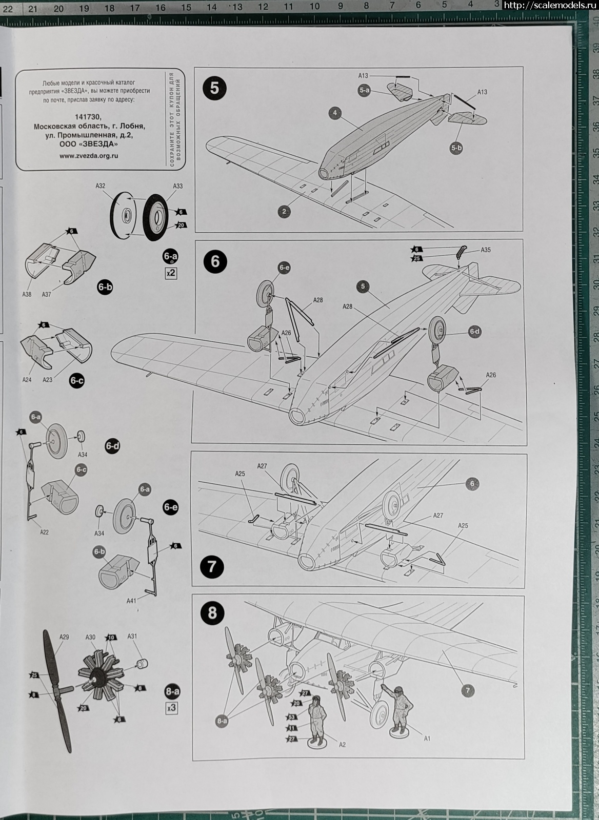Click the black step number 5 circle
point(214,88)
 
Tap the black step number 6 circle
point(214,261)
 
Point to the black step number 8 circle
point(212,613)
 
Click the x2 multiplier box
point(171,273)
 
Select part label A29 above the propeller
point(64,637)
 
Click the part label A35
point(485,250)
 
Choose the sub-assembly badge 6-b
point(105,287)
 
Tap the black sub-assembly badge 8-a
point(172,691)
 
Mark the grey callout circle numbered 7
point(467,690)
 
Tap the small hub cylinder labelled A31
point(142,664)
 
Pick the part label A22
point(44,532)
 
